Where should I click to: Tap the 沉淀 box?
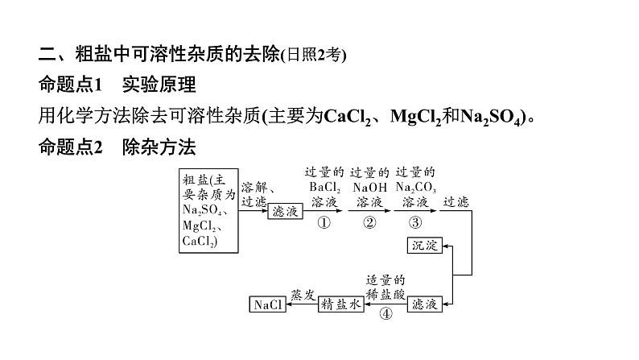click(426, 246)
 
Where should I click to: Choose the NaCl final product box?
click(267, 304)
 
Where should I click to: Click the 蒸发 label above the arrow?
click(301, 294)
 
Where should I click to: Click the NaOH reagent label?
click(370, 186)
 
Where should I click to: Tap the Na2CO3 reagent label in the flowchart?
click(415, 186)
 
